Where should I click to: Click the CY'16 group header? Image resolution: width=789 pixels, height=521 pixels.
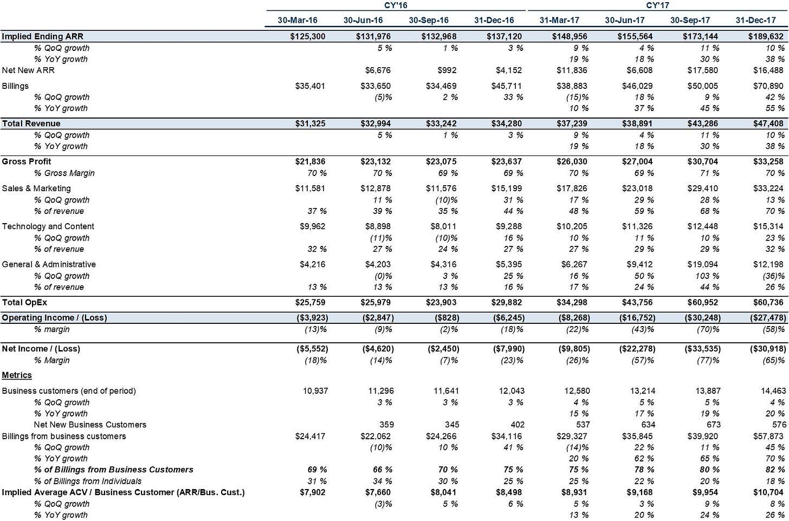(396, 5)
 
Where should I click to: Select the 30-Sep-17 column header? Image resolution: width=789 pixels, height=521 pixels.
(690, 20)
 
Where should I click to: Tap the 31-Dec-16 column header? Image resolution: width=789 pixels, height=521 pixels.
(494, 20)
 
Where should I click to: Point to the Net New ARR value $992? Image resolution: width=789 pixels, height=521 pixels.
(447, 70)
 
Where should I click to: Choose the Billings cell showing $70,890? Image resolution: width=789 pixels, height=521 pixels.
(768, 86)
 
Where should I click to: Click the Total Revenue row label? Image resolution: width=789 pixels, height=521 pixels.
(31, 123)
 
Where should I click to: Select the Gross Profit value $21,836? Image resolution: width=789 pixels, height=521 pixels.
(310, 161)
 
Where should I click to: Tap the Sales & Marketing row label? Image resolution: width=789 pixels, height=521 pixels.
(36, 188)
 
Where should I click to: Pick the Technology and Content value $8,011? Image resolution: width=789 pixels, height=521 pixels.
(443, 226)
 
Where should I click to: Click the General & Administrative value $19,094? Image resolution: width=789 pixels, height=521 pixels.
(703, 264)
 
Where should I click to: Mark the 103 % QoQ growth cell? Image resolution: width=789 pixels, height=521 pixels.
(707, 276)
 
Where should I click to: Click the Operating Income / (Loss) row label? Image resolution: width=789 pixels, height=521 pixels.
(54, 317)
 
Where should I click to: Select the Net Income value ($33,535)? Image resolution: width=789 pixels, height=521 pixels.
(702, 349)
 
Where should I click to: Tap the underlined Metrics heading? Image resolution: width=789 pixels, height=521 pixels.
(17, 375)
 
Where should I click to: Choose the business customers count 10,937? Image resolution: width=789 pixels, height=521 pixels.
(315, 391)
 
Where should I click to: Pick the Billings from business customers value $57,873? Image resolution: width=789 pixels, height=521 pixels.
(768, 436)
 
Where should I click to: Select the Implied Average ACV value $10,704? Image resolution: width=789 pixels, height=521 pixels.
(768, 492)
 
